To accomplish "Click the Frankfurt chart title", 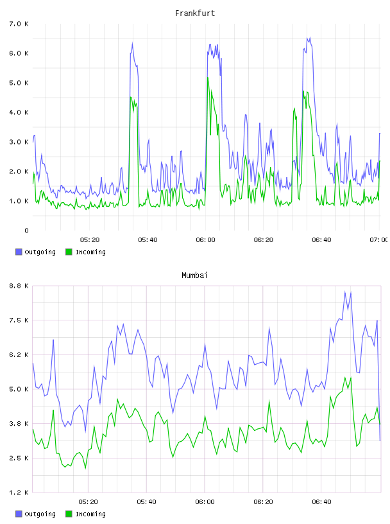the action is click(x=195, y=13).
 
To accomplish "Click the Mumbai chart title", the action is click(x=194, y=275).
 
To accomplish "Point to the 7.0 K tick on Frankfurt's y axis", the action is click(x=19, y=24).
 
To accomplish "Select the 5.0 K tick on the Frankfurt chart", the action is click(x=19, y=83).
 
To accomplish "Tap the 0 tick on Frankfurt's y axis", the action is click(x=26, y=231).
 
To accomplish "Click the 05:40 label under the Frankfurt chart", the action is click(x=148, y=240).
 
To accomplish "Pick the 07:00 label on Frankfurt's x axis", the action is click(x=378, y=240).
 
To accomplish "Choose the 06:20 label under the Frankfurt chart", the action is click(x=264, y=240).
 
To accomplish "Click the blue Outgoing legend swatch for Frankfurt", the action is click(x=19, y=252).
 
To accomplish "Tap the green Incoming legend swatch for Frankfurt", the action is click(x=69, y=252).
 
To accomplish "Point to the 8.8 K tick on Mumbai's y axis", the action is click(x=19, y=286).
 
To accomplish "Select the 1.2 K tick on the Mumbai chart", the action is click(x=19, y=493).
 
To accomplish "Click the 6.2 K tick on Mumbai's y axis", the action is click(x=19, y=354).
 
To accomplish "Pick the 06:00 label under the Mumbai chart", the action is click(x=205, y=502).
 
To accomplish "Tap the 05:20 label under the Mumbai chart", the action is click(x=88, y=502).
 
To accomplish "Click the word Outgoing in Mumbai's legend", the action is click(x=40, y=514).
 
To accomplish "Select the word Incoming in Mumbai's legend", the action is click(x=90, y=514).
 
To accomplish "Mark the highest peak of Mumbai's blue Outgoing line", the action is click(x=345, y=292).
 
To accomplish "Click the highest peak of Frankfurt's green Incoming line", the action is click(x=208, y=78).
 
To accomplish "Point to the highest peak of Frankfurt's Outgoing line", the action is click(x=310, y=37).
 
